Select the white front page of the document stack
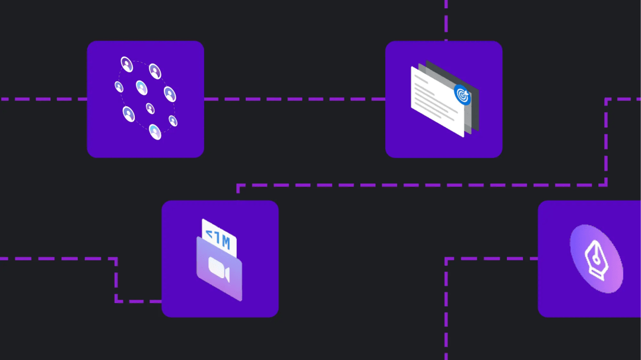(436, 107)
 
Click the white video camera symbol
(219, 271)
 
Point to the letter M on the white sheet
(226, 241)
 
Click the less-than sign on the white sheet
(208, 236)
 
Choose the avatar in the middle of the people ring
(141, 88)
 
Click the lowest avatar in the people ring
(155, 132)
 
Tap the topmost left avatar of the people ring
(126, 64)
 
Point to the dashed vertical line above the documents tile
(446, 20)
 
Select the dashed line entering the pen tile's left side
(493, 259)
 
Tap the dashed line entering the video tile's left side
(139, 301)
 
